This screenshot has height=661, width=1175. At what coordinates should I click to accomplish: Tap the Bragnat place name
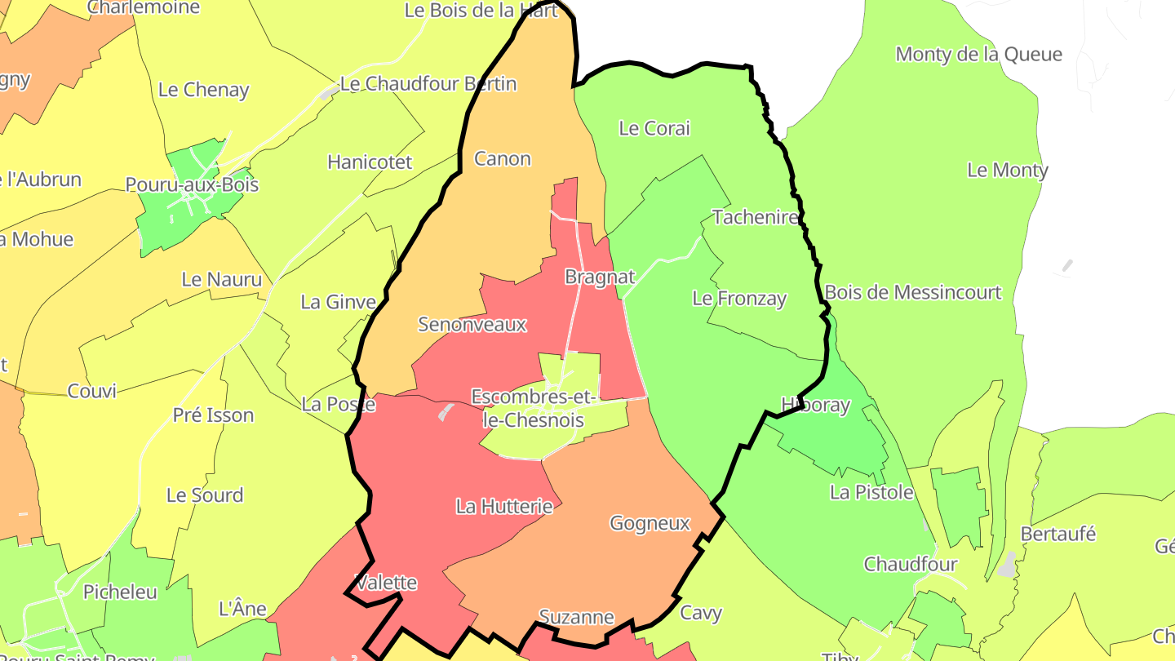pyautogui.click(x=599, y=277)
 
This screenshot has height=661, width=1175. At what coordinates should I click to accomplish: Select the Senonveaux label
pyautogui.click(x=472, y=325)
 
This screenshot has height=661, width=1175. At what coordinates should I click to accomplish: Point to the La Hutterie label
pyautogui.click(x=504, y=507)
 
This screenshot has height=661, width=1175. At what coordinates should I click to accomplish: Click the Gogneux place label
pyautogui.click(x=650, y=524)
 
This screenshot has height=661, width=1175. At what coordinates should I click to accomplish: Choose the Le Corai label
pyautogui.click(x=654, y=128)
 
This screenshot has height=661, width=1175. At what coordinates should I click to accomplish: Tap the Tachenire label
pyautogui.click(x=755, y=217)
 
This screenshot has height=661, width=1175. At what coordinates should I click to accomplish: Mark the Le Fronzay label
pyautogui.click(x=738, y=299)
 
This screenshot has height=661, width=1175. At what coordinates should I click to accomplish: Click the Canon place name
pyautogui.click(x=502, y=159)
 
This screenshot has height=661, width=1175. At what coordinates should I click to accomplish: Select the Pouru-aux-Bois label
pyautogui.click(x=192, y=185)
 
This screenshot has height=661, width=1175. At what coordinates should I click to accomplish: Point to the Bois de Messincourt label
pyautogui.click(x=912, y=292)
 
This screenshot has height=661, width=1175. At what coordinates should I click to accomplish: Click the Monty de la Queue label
pyautogui.click(x=978, y=55)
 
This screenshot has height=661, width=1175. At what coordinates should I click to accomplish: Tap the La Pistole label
pyautogui.click(x=871, y=493)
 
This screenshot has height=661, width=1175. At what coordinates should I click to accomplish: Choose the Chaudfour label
pyautogui.click(x=911, y=565)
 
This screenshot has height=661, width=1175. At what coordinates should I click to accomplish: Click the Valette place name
pyautogui.click(x=387, y=583)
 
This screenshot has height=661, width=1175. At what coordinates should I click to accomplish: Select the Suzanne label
pyautogui.click(x=576, y=618)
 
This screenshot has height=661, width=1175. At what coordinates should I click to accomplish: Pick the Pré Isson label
pyautogui.click(x=213, y=415)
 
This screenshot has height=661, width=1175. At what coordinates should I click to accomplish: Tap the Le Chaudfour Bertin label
pyautogui.click(x=428, y=84)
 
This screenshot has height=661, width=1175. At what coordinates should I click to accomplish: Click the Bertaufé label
pyautogui.click(x=1058, y=534)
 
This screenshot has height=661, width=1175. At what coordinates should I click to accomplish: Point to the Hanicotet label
pyautogui.click(x=370, y=162)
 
